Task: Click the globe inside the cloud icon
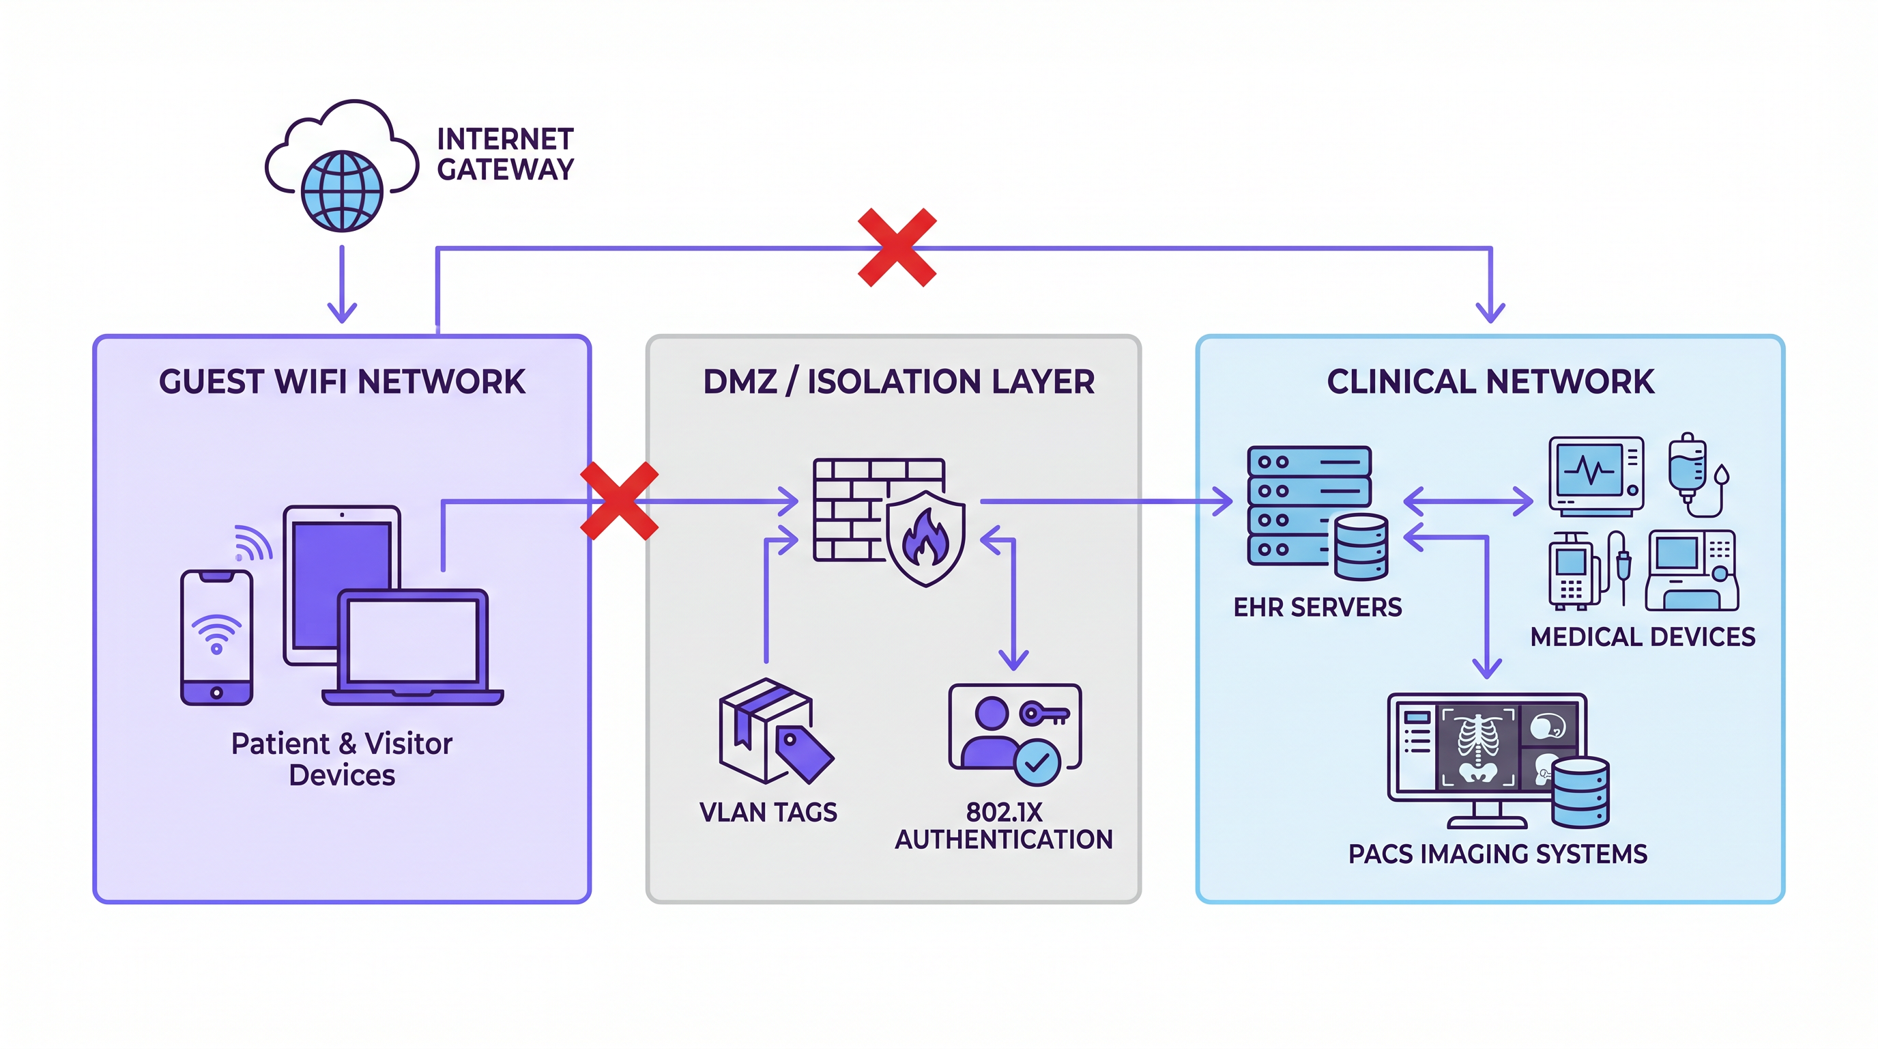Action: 342,191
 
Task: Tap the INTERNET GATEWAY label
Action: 504,154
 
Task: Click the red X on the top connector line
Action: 897,247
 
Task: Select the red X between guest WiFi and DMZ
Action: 619,501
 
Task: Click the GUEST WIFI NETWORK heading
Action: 342,382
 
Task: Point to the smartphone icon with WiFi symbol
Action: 216,637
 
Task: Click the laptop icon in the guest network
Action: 413,645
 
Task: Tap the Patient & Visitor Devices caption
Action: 342,759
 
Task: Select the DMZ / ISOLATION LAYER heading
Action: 898,382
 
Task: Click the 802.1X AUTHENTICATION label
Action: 1003,826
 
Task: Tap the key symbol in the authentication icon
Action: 1044,713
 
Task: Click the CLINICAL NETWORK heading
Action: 1490,382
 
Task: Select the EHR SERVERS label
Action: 1316,607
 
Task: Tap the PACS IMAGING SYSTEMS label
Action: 1497,854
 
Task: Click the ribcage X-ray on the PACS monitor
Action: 1477,747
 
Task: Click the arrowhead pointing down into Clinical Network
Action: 1490,313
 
